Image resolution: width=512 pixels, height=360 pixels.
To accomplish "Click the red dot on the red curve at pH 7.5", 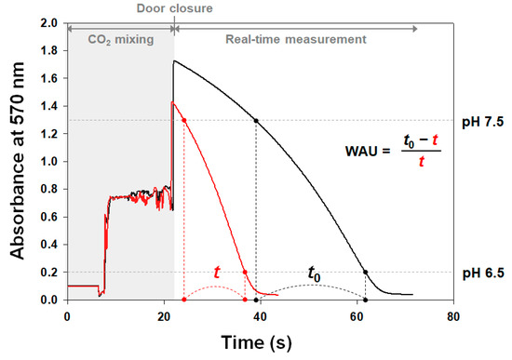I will (x=184, y=120).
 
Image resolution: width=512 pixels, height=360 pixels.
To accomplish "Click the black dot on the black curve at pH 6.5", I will (x=365, y=273).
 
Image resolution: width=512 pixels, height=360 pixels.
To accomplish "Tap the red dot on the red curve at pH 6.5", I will (x=245, y=273).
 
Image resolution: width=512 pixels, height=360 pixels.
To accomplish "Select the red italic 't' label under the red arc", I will (x=217, y=273).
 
